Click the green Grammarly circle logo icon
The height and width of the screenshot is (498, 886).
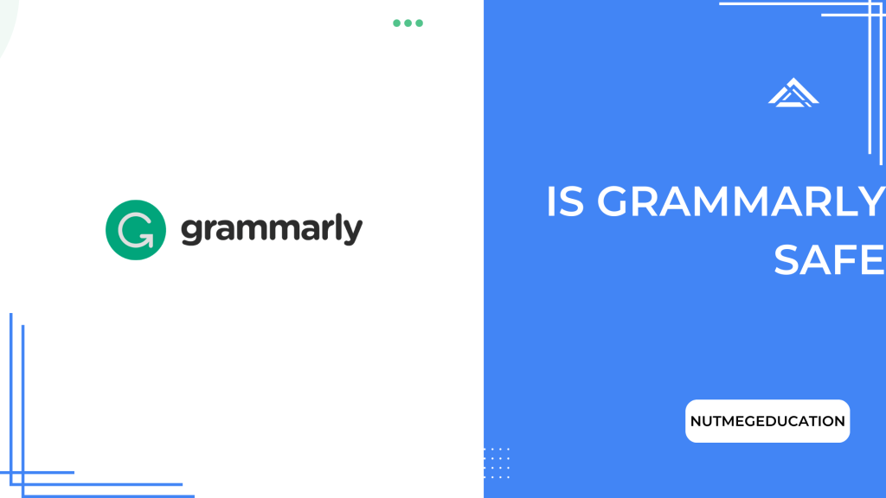tap(135, 230)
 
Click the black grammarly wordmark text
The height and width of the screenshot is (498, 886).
tap(271, 231)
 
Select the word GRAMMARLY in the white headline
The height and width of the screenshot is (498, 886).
tap(741, 203)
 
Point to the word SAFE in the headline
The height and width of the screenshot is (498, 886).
tap(829, 259)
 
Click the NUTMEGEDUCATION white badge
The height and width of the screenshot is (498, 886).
tap(767, 421)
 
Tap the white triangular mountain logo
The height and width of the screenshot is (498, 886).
tap(793, 93)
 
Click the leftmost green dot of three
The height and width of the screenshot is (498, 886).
tap(397, 23)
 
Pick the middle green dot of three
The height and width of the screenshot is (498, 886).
tap(408, 23)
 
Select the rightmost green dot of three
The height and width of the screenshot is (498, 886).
tap(420, 23)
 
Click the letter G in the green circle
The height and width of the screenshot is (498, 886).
tap(135, 230)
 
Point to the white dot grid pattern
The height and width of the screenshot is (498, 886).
tap(497, 462)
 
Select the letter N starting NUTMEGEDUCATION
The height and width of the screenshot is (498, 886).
tap(696, 422)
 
